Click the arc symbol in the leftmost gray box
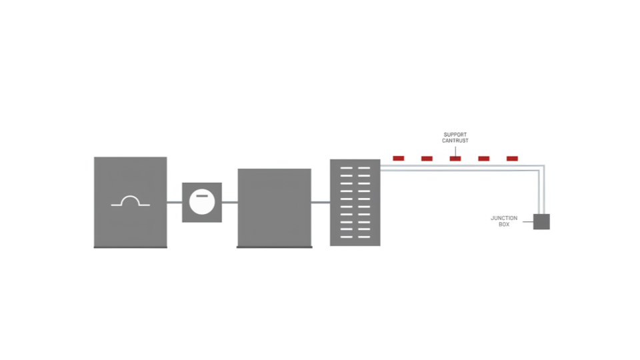coord(131,197)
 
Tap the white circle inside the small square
coord(202,202)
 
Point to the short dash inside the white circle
coord(202,196)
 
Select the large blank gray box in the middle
coord(274,208)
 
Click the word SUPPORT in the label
coord(455,135)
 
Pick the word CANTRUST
coord(455,141)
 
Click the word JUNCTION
coord(504,219)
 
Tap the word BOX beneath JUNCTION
coord(504,225)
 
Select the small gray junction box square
coord(541,221)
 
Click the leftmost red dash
coord(399,159)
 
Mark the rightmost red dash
coord(512,159)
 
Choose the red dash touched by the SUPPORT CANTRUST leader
coord(455,159)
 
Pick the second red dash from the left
coord(427,159)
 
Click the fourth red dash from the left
coord(484,159)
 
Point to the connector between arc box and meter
coord(174,202)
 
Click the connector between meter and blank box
coord(230,202)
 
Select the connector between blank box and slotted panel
coord(321,202)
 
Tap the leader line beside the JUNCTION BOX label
coord(528,222)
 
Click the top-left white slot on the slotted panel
coord(347,168)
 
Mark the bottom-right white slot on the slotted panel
coord(364,237)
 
